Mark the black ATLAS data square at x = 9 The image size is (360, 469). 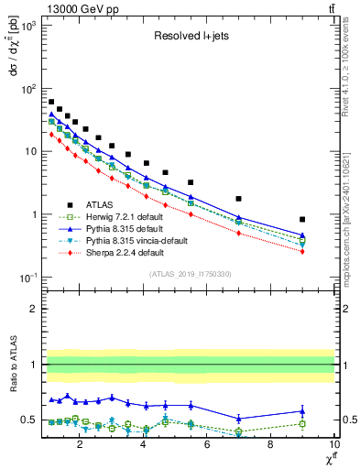pos(302,220)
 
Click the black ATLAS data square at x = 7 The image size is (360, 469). pos(238,199)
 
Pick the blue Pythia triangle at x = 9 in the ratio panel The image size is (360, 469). pos(302,410)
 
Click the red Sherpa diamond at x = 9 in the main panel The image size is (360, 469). pos(302,252)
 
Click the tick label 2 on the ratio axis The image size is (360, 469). pos(31,309)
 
